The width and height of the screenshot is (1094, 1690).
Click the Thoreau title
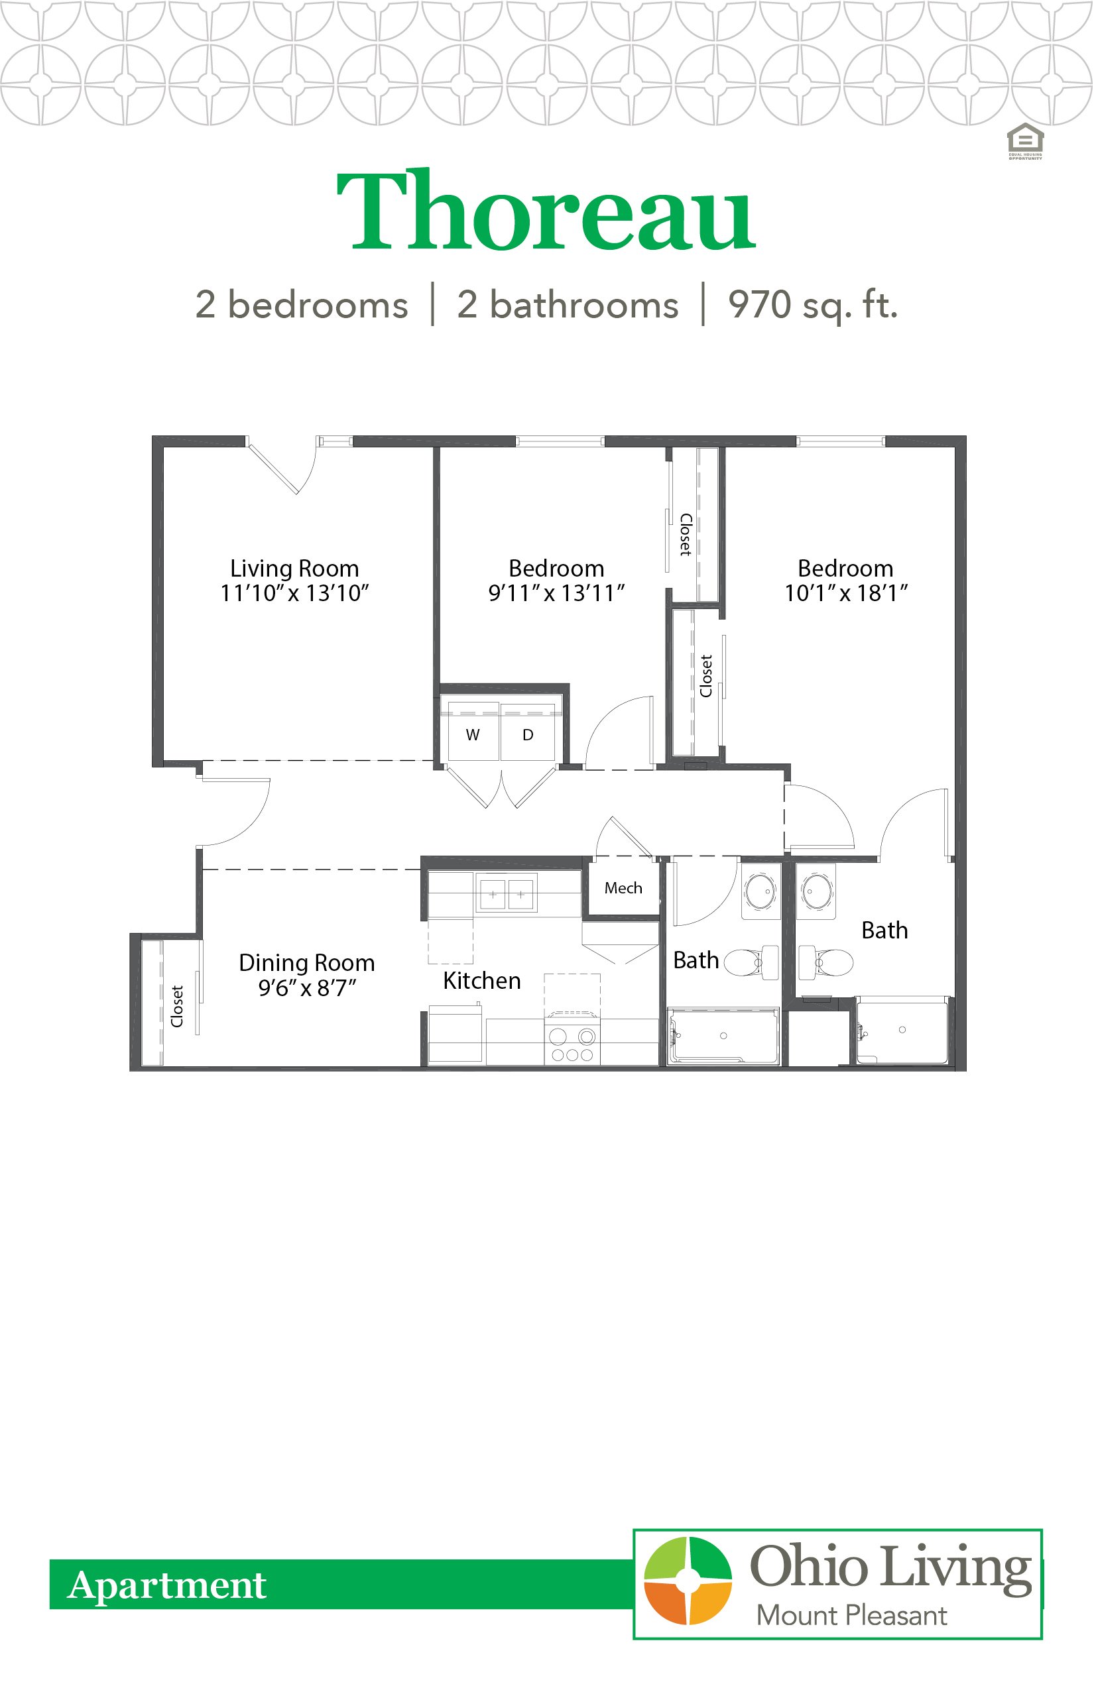coord(546,211)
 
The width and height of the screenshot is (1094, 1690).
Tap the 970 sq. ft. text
coord(813,306)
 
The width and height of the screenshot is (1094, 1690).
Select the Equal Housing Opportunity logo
coord(1025,141)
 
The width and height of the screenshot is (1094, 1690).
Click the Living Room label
coord(294,569)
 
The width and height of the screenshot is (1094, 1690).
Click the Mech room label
coord(623,888)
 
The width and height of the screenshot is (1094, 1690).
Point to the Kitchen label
coord(481,982)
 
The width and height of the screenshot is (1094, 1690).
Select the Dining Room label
coord(306,963)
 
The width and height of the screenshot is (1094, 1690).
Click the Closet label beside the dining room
coord(177,1006)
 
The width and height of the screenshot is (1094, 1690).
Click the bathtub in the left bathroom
coord(723,1037)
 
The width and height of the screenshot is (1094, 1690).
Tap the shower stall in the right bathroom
coord(902,1031)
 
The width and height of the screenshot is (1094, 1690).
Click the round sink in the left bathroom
coord(761,891)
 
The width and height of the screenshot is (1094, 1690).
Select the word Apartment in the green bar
coord(167,1585)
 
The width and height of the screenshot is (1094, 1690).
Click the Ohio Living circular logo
coord(687,1581)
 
